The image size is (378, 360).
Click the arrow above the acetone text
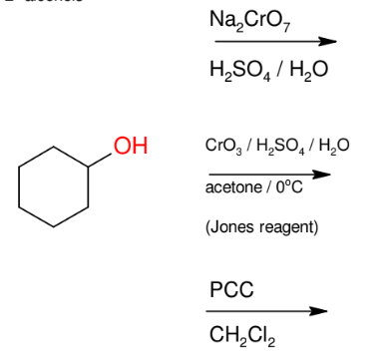point(266,172)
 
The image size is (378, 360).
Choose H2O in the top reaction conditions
point(308,71)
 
